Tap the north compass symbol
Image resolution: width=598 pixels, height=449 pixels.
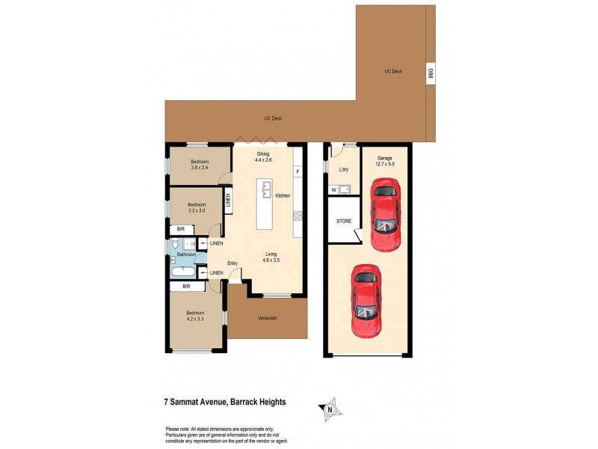330,408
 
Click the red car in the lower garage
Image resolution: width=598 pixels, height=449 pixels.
367,301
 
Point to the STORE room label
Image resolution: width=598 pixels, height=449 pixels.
344,222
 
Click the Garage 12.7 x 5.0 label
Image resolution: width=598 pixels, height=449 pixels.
385,162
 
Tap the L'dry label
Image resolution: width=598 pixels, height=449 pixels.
344,170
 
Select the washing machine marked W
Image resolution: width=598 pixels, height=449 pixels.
333,190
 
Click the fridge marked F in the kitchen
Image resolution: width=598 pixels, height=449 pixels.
298,173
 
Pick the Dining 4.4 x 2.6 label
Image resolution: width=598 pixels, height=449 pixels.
262,157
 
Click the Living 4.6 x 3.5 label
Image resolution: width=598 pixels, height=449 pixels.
271,258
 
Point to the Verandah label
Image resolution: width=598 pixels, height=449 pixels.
268,319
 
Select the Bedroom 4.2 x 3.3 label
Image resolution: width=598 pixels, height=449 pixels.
196,316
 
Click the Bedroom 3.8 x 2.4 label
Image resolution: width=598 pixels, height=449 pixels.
199,165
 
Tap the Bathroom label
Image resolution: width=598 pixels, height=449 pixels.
186,255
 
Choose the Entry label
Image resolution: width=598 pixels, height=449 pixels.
232,263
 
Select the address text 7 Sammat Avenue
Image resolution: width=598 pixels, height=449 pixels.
196,402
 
